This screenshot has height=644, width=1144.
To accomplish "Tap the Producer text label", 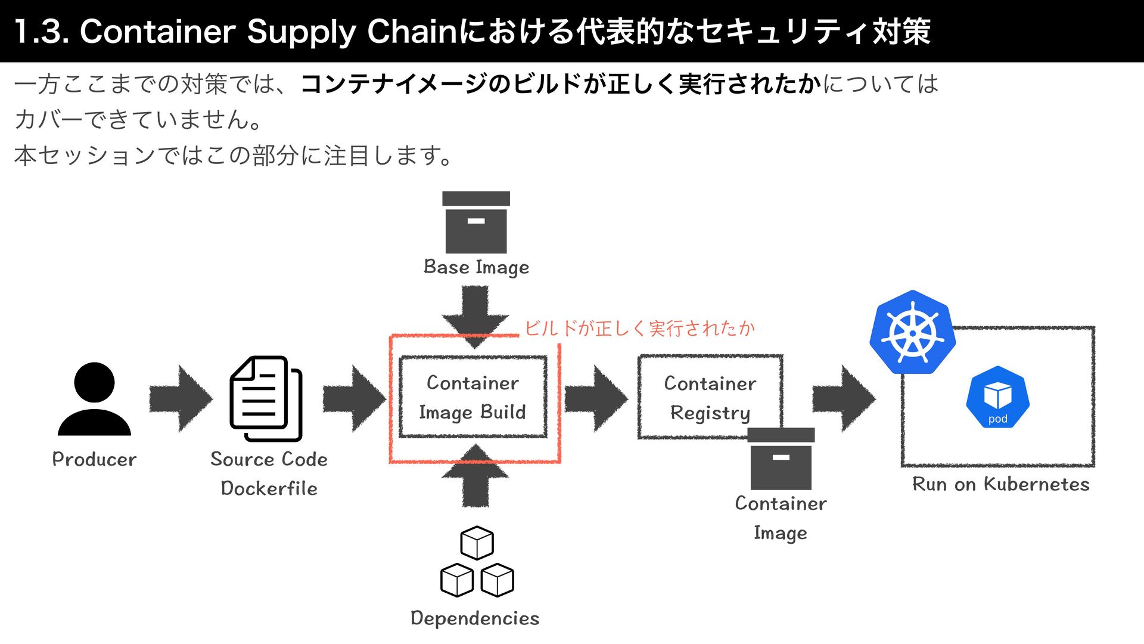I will (94, 459).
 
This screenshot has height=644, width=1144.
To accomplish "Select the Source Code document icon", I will (266, 398).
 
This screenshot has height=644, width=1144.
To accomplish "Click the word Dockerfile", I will (269, 488).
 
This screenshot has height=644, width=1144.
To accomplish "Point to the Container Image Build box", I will (472, 397).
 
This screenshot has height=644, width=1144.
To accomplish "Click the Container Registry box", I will (710, 397).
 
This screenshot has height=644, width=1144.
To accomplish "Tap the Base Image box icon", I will (476, 222).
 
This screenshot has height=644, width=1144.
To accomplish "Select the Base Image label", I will (476, 267).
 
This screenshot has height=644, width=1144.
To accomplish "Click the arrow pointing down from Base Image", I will (475, 315).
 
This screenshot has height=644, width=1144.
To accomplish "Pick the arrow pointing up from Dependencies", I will (475, 477).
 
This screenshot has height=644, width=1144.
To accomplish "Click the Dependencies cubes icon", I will (477, 562).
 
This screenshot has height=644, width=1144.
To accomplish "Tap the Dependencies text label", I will (475, 618).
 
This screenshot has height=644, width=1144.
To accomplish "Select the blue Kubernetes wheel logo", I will (912, 333).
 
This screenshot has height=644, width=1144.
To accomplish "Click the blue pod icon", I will (997, 397).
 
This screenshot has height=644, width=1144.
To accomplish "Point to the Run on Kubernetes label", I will (1000, 484).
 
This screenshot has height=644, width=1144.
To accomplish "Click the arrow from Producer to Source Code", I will (181, 398).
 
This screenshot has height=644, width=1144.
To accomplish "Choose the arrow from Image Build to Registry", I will (596, 398).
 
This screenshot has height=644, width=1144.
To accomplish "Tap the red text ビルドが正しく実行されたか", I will (639, 328).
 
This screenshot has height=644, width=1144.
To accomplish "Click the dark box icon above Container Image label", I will (781, 459).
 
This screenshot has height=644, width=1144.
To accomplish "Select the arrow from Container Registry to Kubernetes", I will (844, 398).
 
